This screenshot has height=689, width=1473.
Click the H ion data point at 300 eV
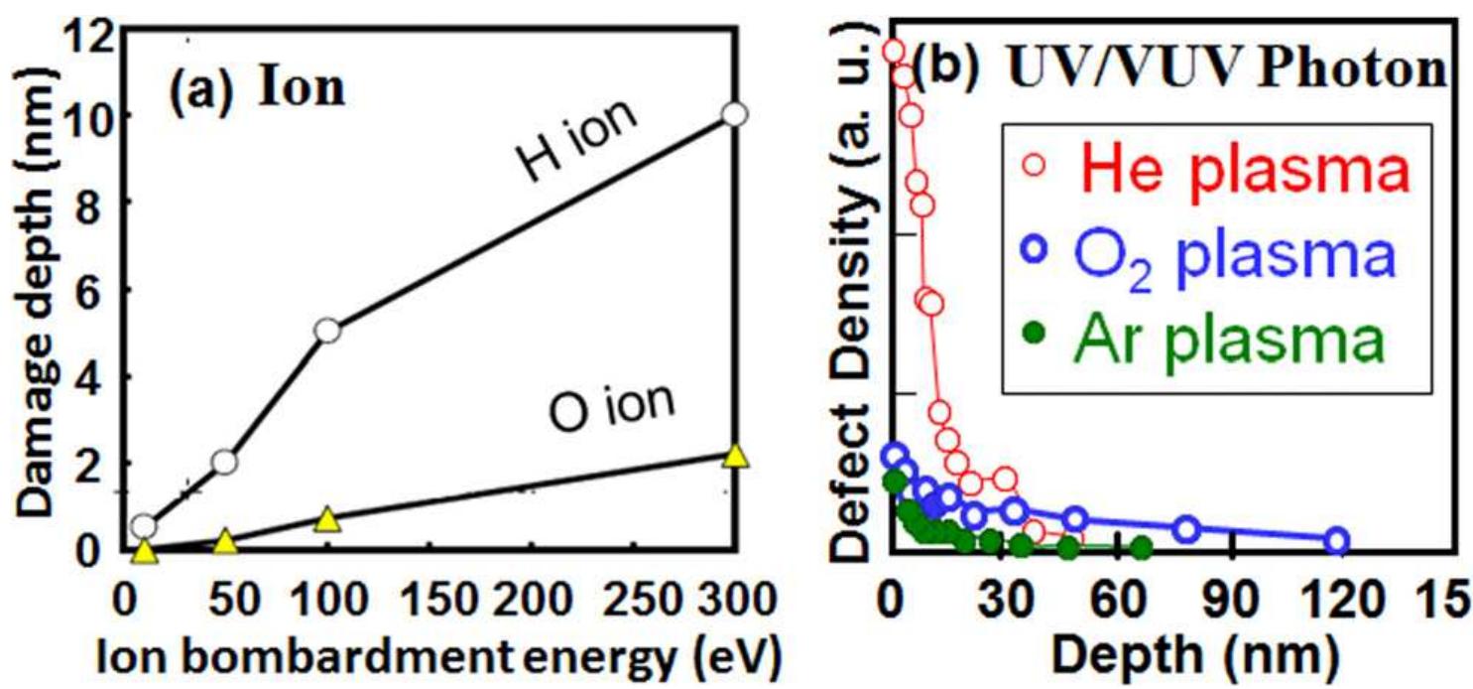pos(734,114)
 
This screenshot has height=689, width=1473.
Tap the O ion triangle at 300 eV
pos(734,456)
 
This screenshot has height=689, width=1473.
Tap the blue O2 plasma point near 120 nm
pos(1337,541)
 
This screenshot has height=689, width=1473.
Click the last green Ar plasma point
pos(1142,548)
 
